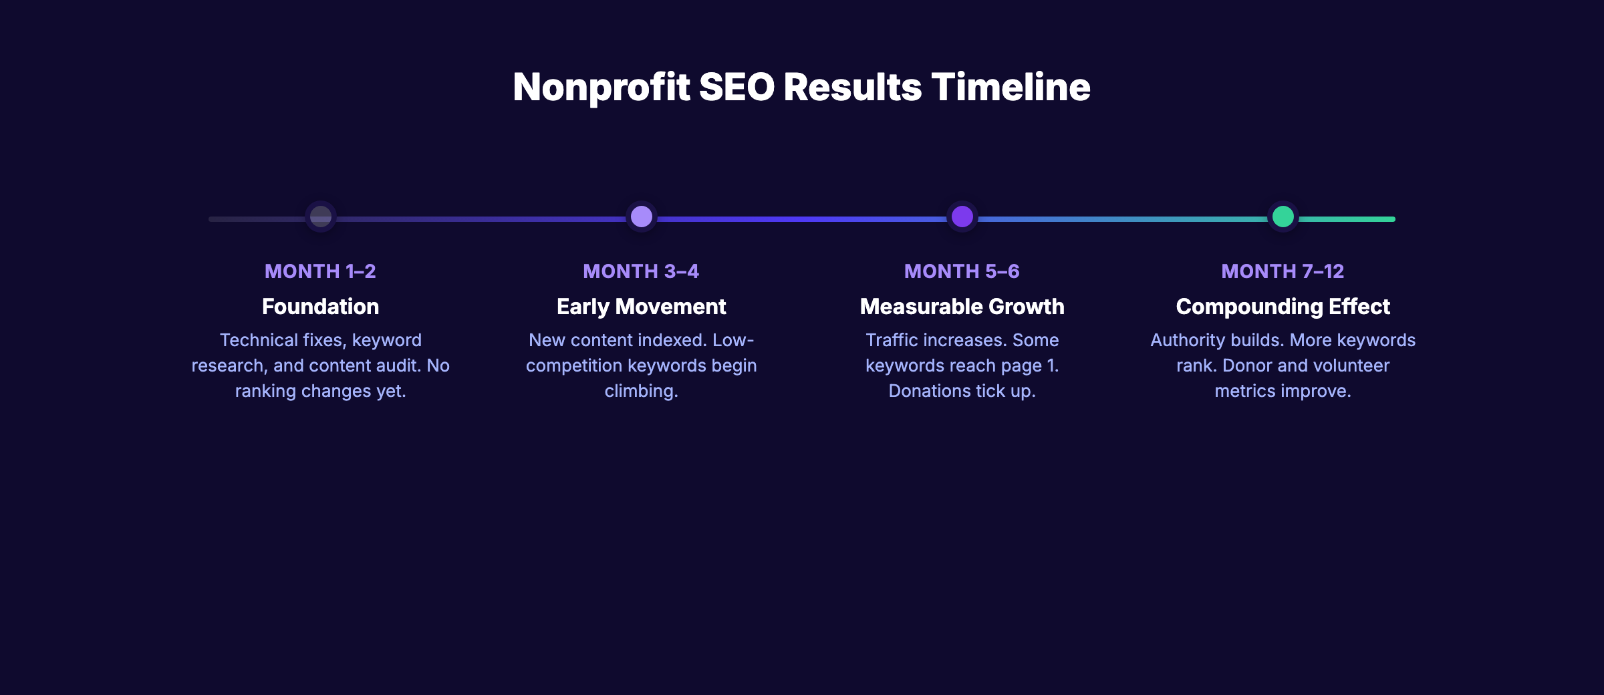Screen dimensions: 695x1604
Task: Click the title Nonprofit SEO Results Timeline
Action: (x=801, y=88)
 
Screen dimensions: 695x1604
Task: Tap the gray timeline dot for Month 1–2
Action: (x=321, y=217)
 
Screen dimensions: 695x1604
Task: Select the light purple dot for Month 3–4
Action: (x=642, y=217)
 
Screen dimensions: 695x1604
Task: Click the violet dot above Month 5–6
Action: (x=962, y=217)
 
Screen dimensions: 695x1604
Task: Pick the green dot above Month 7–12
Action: (x=1283, y=217)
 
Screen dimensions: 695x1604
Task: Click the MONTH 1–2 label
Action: (x=320, y=271)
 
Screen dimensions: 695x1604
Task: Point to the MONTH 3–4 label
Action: (x=641, y=271)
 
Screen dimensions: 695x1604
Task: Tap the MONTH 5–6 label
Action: (x=962, y=271)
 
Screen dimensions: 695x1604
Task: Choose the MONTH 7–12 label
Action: (x=1283, y=271)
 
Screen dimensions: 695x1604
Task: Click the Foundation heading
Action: (x=320, y=307)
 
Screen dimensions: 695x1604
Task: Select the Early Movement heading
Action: (x=641, y=307)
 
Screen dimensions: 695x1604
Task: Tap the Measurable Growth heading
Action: (x=962, y=307)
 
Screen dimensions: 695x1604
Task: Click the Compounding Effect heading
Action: (x=1283, y=307)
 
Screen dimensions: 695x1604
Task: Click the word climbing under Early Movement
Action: (x=640, y=391)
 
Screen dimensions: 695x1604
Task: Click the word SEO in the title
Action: (x=737, y=88)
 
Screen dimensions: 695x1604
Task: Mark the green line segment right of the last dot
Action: (x=1347, y=219)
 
